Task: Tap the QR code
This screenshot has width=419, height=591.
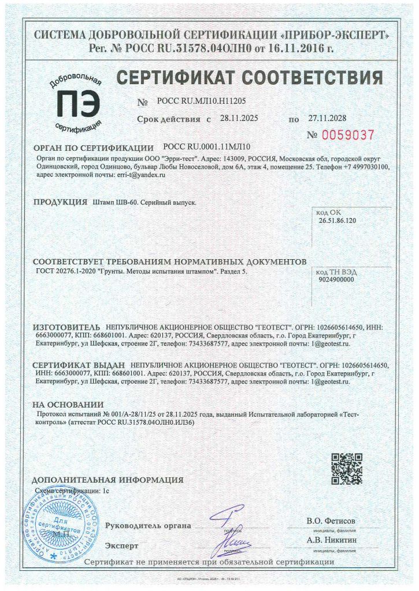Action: click(347, 469)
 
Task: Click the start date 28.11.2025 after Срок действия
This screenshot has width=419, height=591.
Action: click(239, 118)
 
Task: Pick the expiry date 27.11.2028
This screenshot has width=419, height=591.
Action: click(327, 118)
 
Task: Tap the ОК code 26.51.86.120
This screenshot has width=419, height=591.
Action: click(337, 221)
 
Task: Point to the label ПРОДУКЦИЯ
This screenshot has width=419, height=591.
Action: click(60, 203)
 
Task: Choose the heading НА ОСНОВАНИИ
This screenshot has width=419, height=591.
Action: click(68, 405)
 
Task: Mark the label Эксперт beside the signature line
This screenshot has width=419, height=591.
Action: click(122, 545)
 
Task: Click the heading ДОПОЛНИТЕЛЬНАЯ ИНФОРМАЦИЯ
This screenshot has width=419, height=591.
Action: click(107, 480)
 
